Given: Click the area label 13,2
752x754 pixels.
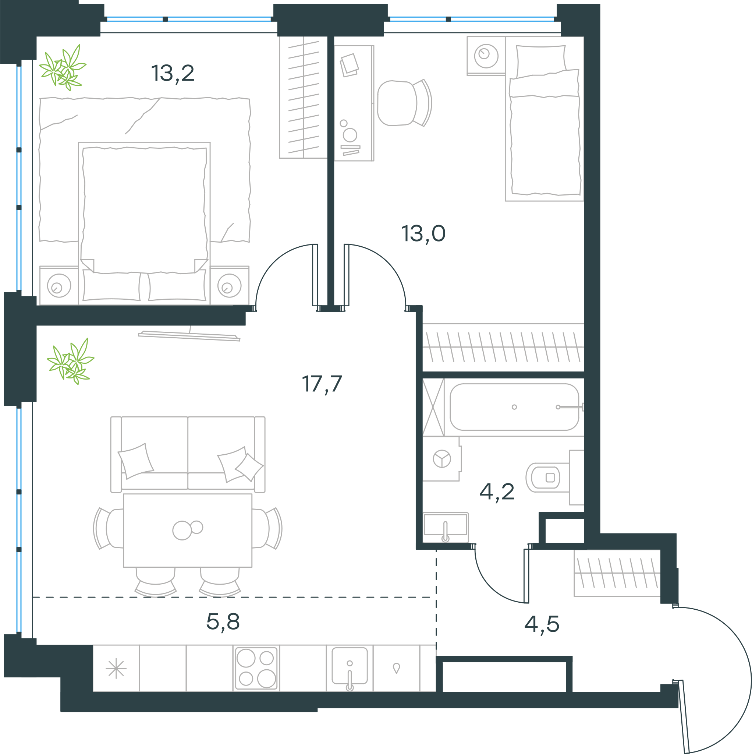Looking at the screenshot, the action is (173, 73).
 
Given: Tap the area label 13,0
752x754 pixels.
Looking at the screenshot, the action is (423, 233).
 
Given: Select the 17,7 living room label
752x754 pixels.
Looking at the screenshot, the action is (322, 384).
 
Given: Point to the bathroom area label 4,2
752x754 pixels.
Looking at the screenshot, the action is (497, 492).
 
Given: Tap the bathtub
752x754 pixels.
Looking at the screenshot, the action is (514, 407).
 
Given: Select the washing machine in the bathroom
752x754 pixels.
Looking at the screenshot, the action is (442, 459).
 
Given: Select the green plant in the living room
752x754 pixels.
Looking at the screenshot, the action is (71, 362).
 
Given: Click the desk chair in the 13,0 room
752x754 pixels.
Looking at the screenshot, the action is (404, 103).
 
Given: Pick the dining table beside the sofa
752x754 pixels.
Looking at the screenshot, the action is (188, 531).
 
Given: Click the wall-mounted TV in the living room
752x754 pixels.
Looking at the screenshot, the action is (189, 336).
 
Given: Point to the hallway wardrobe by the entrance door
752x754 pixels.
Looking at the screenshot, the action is (617, 573).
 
